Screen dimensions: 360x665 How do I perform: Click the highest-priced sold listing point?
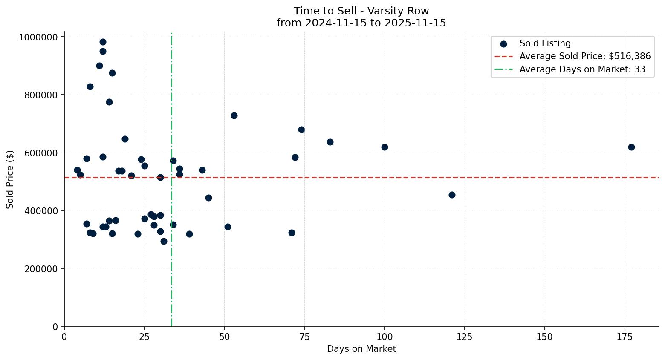pyautogui.click(x=103, y=42)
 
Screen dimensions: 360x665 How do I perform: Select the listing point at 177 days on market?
pyautogui.click(x=631, y=147)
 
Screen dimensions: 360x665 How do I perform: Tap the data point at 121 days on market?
pyautogui.click(x=452, y=195)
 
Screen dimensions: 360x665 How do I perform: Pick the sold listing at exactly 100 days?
pyautogui.click(x=385, y=147)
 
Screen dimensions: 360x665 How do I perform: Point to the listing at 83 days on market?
pyautogui.click(x=330, y=142)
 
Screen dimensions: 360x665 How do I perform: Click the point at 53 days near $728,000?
pyautogui.click(x=234, y=115)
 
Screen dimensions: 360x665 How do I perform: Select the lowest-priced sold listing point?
pyautogui.click(x=164, y=241)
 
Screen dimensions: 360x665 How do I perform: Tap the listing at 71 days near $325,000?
pyautogui.click(x=292, y=233)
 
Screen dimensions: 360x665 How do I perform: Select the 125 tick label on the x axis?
pyautogui.click(x=465, y=337)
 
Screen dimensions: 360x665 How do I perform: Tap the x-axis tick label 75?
pyautogui.click(x=304, y=337)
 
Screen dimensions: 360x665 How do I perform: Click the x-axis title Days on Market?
pyautogui.click(x=361, y=349)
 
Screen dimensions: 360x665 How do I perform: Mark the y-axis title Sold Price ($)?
pyautogui.click(x=10, y=179)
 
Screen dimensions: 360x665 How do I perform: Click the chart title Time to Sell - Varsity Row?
pyautogui.click(x=361, y=11)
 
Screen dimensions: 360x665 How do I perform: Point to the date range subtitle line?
pyautogui.click(x=361, y=23)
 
